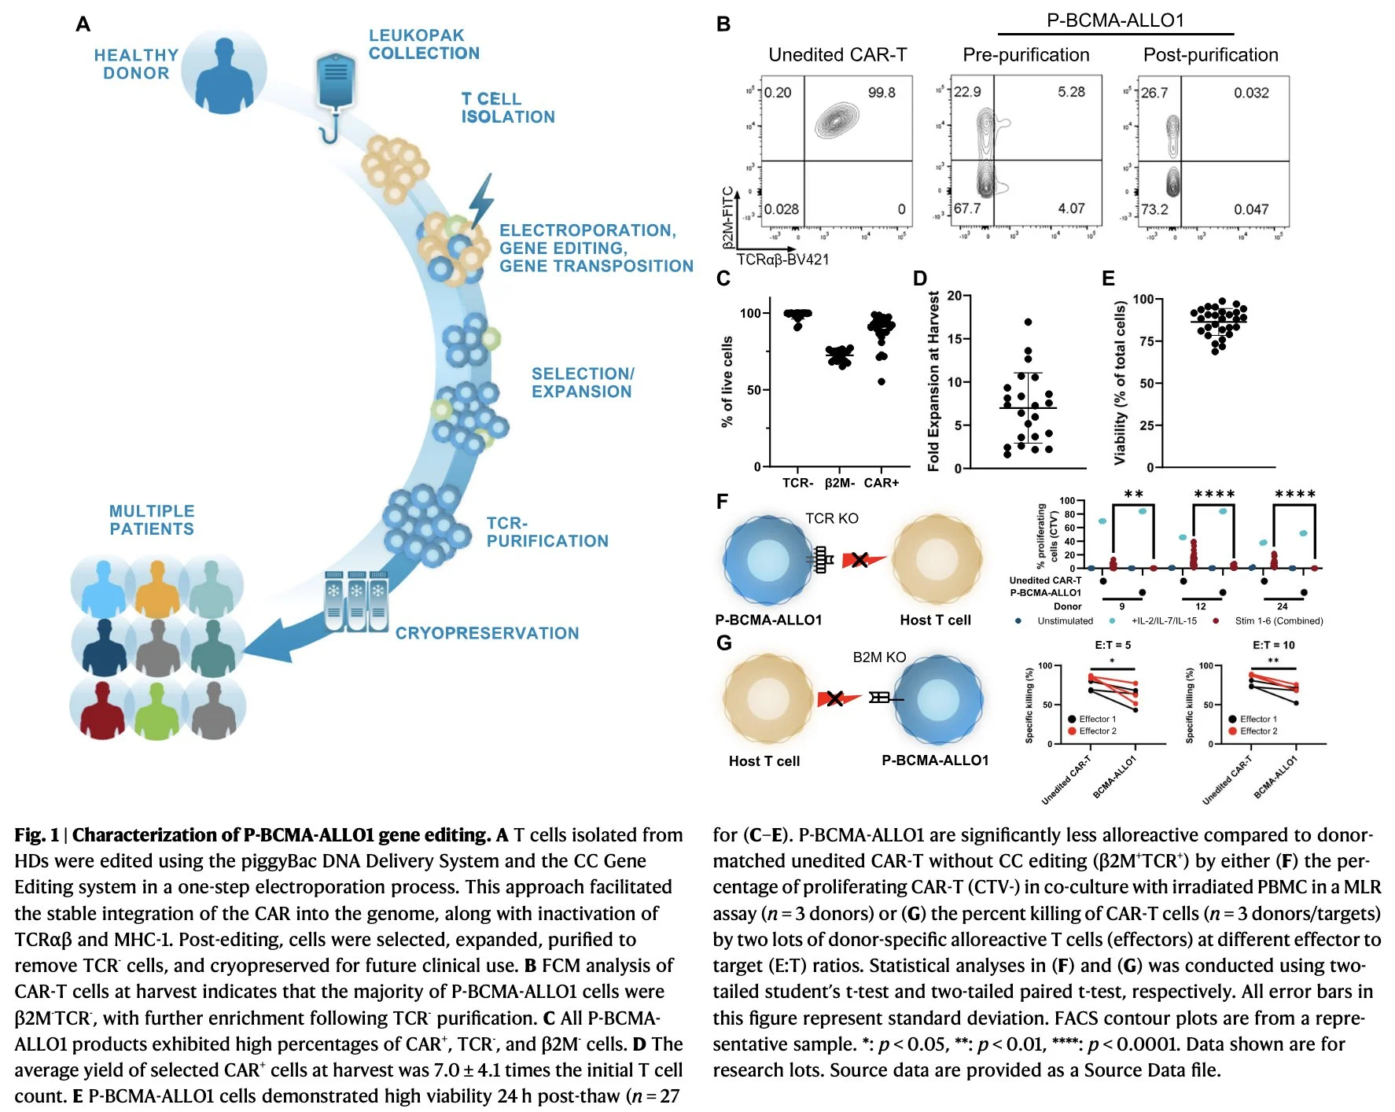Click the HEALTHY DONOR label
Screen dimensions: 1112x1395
tap(136, 64)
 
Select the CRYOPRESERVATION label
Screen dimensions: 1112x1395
tap(487, 633)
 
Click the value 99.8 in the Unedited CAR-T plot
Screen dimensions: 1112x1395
tap(882, 93)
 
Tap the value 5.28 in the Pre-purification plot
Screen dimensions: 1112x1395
tap(1071, 92)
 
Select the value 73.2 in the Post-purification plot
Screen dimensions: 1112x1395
tap(1154, 209)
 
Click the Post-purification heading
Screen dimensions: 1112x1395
tap(1210, 55)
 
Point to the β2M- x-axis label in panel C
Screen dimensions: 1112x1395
tap(839, 483)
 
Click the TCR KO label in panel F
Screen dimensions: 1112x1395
tap(831, 518)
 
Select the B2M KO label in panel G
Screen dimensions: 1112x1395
tap(879, 657)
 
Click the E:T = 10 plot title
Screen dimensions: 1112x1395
tap(1273, 645)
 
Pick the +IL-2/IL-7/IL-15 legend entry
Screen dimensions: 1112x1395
tap(1163, 620)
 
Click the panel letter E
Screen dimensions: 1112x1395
tap(1108, 278)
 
